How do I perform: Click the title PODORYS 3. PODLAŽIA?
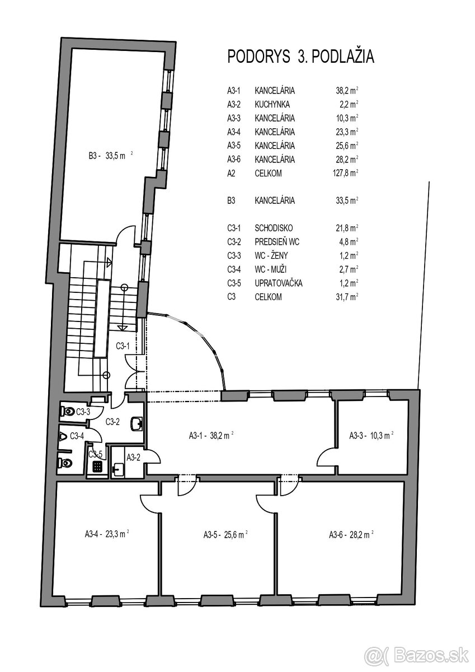(300, 57)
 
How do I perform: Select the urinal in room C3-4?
(63, 436)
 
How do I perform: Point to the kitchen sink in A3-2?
(119, 469)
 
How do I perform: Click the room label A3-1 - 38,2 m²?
(210, 435)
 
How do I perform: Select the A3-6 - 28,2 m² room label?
(351, 535)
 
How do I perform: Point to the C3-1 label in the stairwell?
(123, 346)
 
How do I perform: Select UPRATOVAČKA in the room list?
(279, 283)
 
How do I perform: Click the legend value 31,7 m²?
(346, 297)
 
